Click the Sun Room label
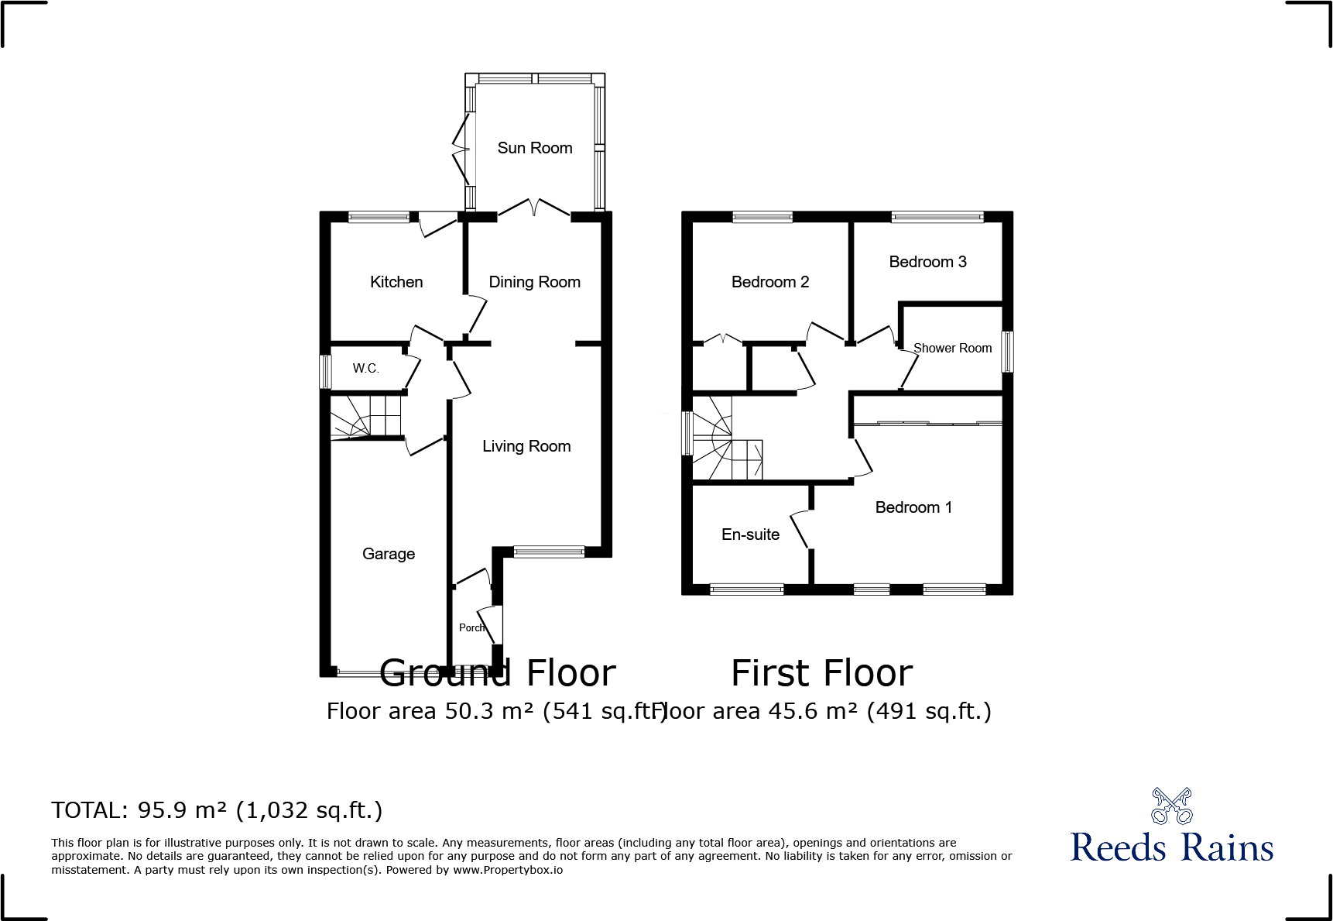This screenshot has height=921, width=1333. [x=534, y=148]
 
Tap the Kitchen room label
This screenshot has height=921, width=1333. [x=396, y=282]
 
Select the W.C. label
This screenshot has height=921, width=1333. [x=365, y=368]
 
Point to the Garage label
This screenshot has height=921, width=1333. [x=389, y=554]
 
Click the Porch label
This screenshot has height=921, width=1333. [x=471, y=627]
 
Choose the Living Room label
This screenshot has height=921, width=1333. [x=526, y=446]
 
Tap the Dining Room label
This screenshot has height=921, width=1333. [x=534, y=282]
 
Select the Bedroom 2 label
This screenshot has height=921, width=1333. [x=769, y=282]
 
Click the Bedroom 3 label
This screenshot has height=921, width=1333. [x=927, y=262]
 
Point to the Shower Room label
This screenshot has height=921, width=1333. [x=952, y=349]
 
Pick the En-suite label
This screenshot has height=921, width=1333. [x=750, y=534]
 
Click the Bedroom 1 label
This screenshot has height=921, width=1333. [x=913, y=507]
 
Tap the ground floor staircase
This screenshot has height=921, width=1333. [x=366, y=417]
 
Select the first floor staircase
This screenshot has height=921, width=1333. [x=726, y=442]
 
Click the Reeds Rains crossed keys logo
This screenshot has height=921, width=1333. [x=1171, y=806]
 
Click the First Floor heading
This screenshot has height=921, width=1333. [x=821, y=673]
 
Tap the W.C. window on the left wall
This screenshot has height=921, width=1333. [x=326, y=371]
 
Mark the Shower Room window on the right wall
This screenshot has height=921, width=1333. [x=1007, y=351]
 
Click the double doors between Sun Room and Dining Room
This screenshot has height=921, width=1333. [x=533, y=208]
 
